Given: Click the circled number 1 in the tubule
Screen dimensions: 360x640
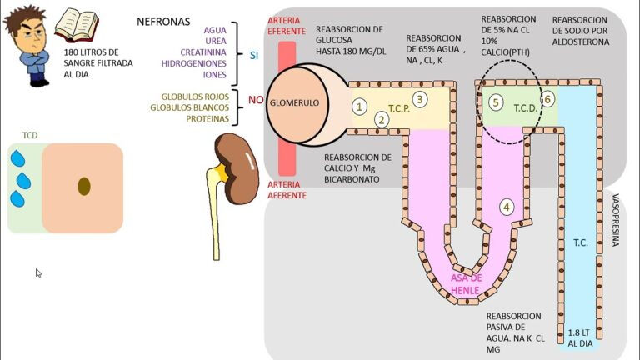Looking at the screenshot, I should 359,106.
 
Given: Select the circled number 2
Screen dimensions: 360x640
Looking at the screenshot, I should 382,119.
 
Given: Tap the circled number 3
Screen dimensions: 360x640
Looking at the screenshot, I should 420,99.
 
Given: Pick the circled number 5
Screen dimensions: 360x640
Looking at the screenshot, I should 496,102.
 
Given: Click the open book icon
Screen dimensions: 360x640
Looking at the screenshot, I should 77,26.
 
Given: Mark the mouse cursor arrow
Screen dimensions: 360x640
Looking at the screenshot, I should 38,272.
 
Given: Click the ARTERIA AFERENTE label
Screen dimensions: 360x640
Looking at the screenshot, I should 286,189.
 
